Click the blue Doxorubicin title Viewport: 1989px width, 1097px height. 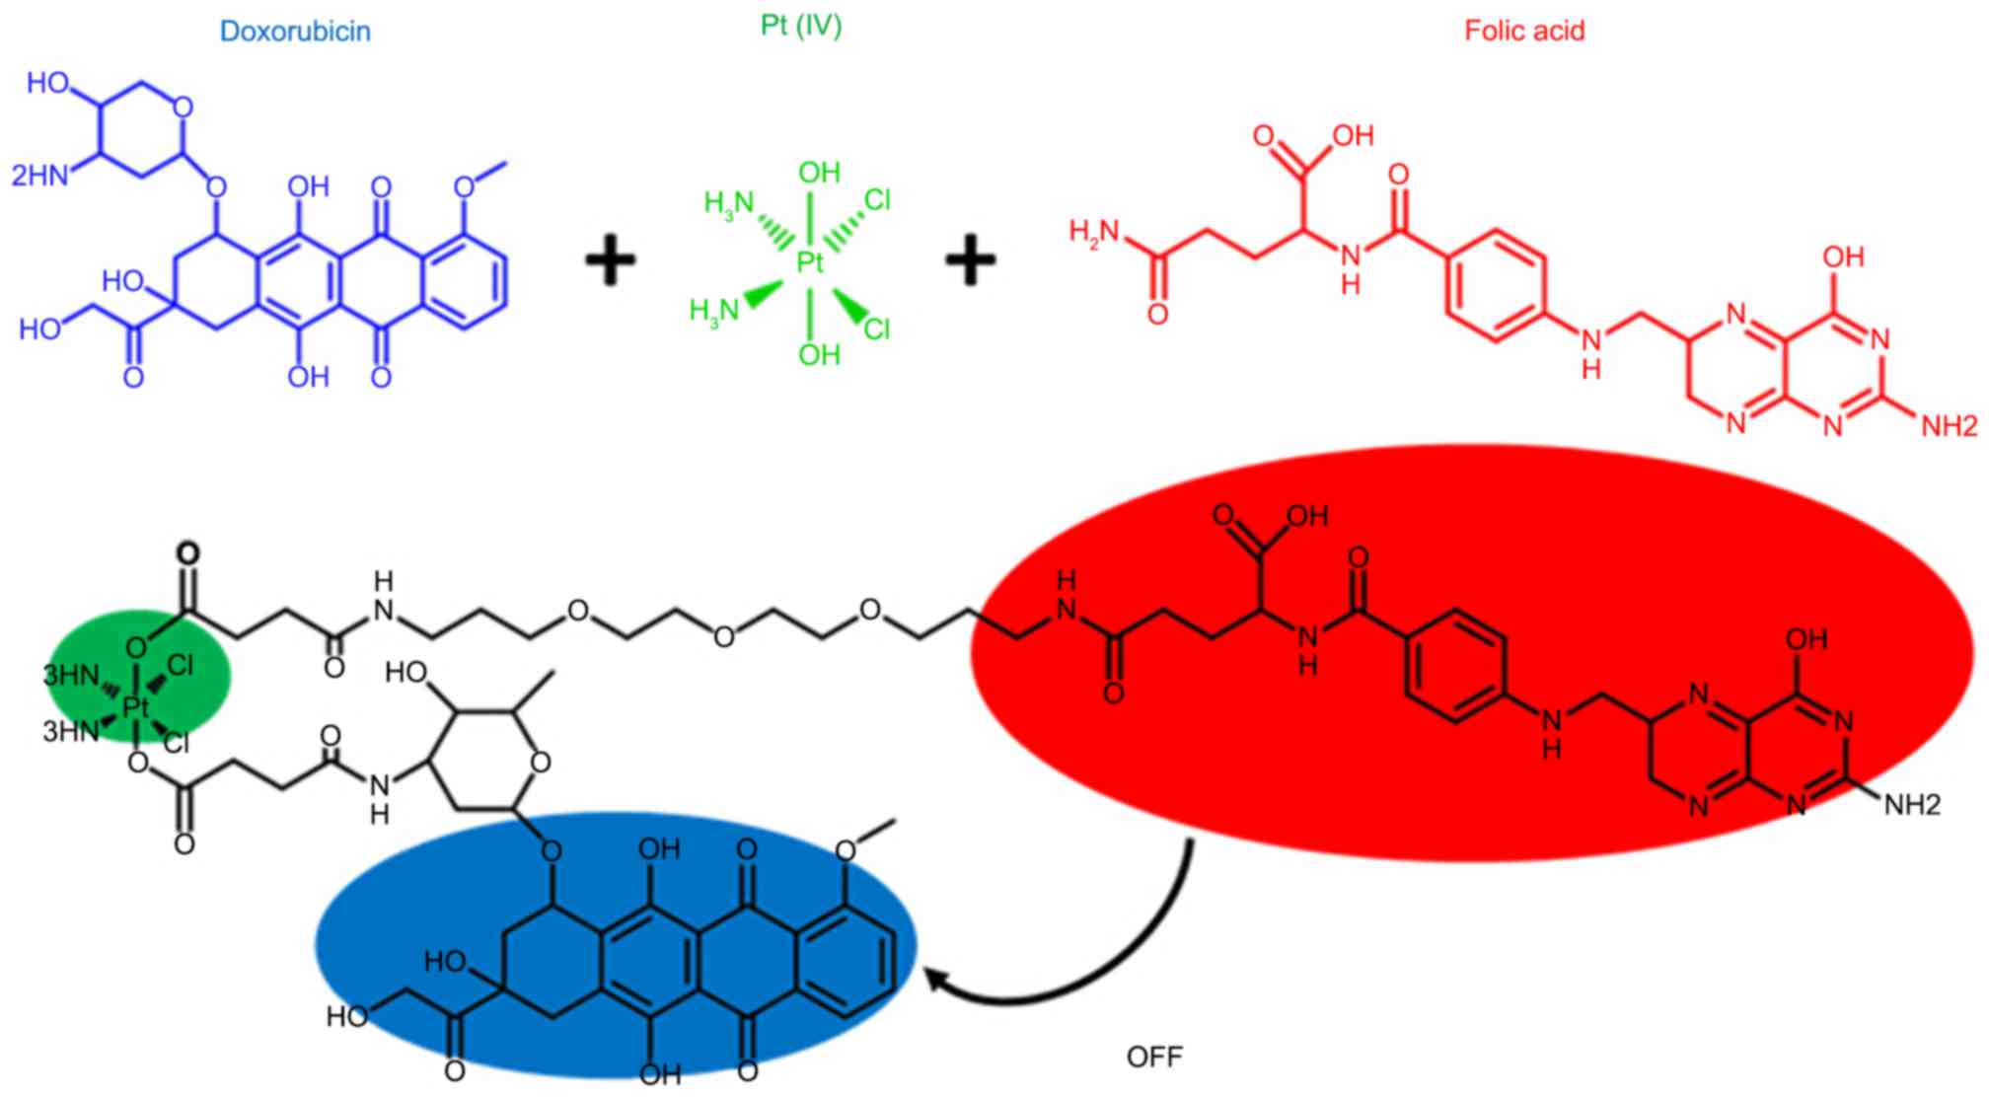[x=295, y=32]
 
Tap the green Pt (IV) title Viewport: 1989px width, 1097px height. [x=801, y=25]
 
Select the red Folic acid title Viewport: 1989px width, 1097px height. [x=1524, y=31]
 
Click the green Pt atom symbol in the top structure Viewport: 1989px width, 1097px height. [x=810, y=261]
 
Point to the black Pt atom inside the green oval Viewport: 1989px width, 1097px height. [x=135, y=706]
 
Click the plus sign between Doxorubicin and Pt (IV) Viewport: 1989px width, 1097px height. [x=611, y=261]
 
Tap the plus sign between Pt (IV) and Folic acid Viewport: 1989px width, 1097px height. [x=971, y=261]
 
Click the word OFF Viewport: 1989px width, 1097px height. [x=1154, y=1058]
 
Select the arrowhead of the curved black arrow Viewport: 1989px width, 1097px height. [x=935, y=980]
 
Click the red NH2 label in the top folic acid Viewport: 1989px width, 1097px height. [x=1949, y=426]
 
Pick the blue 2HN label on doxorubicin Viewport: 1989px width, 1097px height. [x=39, y=176]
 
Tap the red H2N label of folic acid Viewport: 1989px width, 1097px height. [x=1095, y=233]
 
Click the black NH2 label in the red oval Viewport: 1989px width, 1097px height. [x=1912, y=806]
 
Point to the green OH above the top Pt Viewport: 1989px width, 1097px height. [x=819, y=174]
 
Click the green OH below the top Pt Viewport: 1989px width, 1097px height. [x=819, y=354]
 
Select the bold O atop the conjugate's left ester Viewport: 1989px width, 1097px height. [x=187, y=553]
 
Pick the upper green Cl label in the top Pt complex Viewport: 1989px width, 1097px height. [x=877, y=201]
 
